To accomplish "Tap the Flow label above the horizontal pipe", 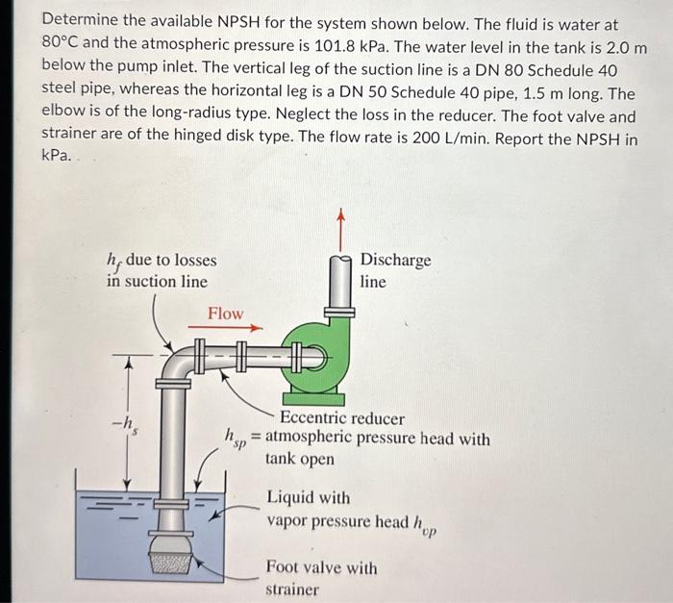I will (x=226, y=314).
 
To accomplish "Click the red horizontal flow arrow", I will (x=225, y=328).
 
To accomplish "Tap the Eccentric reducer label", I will (x=341, y=419).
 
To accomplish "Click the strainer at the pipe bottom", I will (x=171, y=565).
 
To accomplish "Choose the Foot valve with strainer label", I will (x=321, y=578).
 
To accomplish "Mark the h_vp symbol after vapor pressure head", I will (x=424, y=523).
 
